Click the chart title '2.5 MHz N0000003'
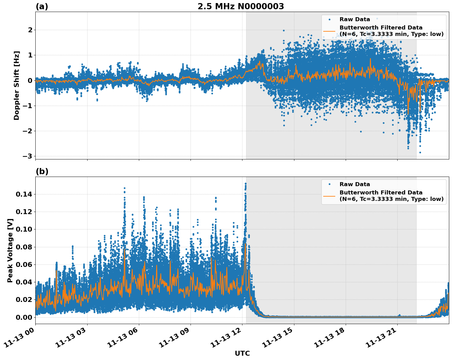[x=241, y=6]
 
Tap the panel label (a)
[x=42, y=6]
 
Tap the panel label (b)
[x=42, y=171]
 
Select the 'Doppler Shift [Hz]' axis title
[x=17, y=85]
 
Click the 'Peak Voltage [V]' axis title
[x=10, y=250]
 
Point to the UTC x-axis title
[x=242, y=353]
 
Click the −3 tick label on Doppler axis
[x=27, y=156]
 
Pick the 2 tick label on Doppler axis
[x=30, y=30]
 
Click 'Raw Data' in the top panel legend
[x=355, y=19]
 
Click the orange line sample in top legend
[x=329, y=31]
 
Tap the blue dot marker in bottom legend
[x=329, y=184]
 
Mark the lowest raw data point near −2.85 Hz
[x=420, y=152]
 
